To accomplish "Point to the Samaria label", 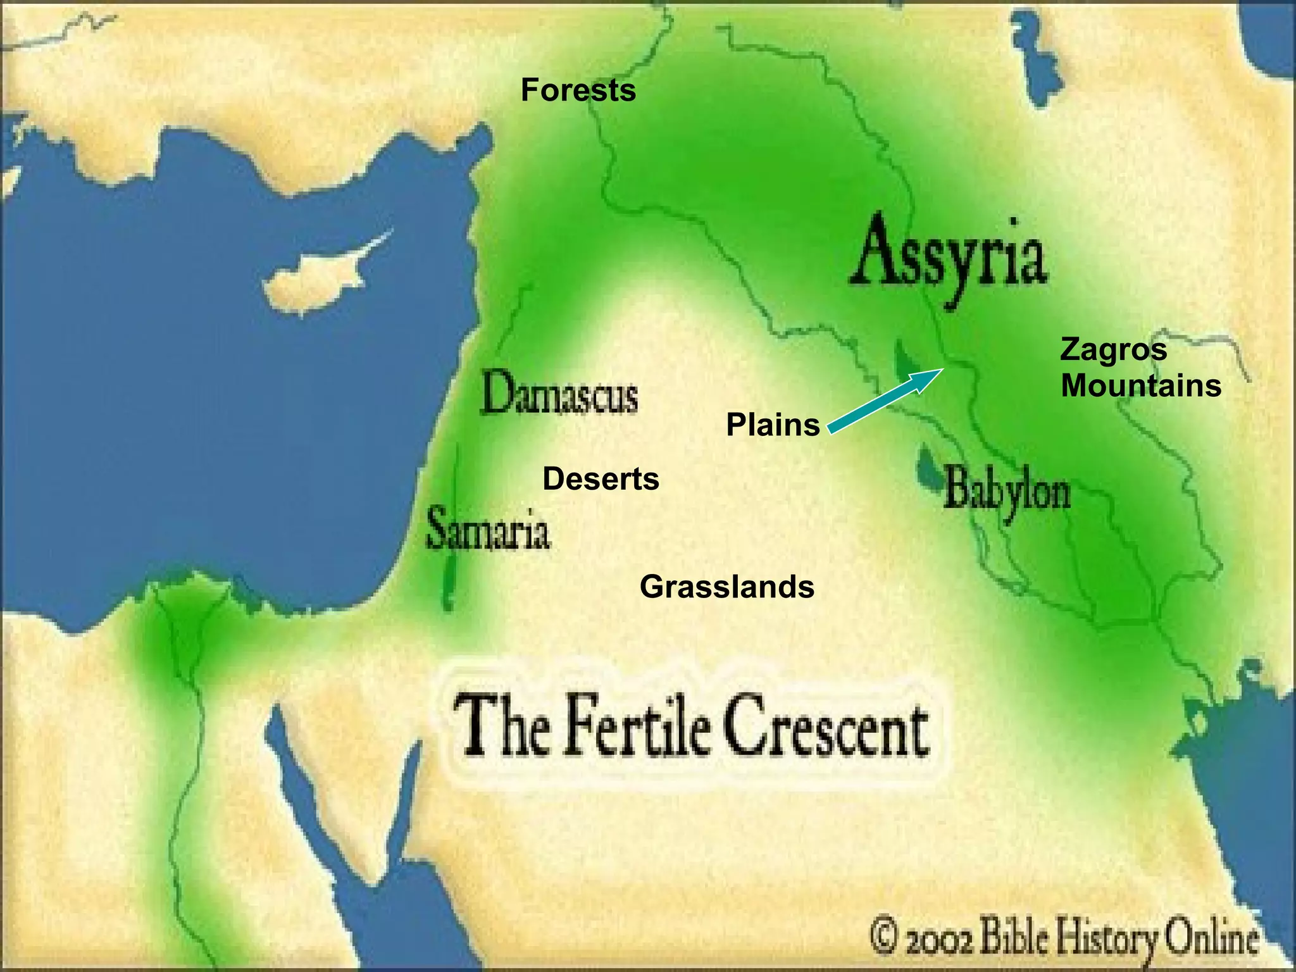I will (488, 530).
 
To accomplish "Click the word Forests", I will (578, 90).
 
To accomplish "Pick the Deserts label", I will (601, 479).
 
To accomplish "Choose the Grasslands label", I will (727, 587).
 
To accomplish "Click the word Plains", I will (773, 425).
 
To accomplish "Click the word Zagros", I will (1113, 349).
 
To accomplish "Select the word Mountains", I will (1140, 385).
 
